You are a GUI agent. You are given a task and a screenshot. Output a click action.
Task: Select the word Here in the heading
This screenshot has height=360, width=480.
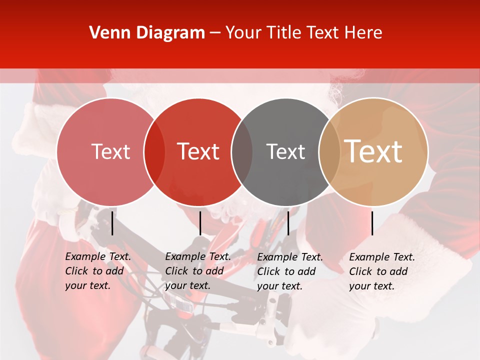(x=362, y=33)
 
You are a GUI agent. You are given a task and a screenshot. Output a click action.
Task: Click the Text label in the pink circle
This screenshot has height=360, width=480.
(x=110, y=151)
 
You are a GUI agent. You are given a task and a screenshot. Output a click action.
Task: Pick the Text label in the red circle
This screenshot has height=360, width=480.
(x=198, y=151)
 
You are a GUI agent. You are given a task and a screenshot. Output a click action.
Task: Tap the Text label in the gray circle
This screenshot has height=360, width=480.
(x=285, y=151)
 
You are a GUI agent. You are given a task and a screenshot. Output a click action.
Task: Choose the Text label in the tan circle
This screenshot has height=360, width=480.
(x=373, y=151)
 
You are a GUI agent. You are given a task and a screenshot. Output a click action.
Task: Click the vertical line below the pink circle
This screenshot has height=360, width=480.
(x=112, y=223)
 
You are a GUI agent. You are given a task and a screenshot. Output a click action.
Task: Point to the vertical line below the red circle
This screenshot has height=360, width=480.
(x=200, y=223)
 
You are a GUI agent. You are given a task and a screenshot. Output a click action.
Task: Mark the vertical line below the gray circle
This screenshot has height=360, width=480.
(x=288, y=223)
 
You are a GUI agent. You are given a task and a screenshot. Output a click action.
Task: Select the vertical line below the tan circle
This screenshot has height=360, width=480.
(x=372, y=223)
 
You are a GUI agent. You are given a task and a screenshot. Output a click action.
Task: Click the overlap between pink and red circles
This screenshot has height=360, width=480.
(x=154, y=152)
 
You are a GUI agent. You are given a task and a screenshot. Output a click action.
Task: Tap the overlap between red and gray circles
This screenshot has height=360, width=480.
(x=242, y=152)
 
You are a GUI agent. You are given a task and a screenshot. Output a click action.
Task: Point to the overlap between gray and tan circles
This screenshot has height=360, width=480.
(x=329, y=152)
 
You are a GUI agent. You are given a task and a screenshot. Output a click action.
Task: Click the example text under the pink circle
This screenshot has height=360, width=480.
(x=98, y=271)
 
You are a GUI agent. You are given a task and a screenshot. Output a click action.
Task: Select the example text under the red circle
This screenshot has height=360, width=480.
(x=198, y=271)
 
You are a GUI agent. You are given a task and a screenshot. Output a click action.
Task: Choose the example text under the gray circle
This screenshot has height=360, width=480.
(x=290, y=271)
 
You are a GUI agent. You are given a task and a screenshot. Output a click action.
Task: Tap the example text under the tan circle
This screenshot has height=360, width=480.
(x=382, y=271)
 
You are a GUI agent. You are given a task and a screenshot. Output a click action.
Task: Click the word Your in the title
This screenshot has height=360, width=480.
(x=243, y=33)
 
